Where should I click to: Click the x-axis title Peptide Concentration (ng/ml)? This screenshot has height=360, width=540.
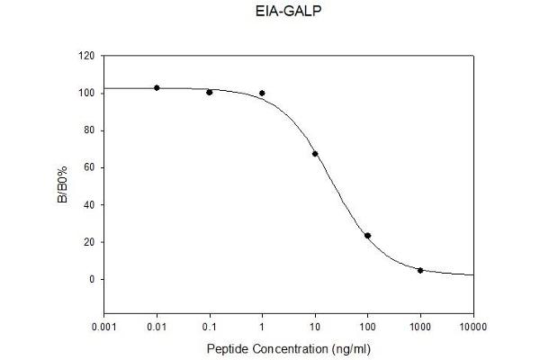pos(288,347)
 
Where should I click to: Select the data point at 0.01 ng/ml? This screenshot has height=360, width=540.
pos(157,87)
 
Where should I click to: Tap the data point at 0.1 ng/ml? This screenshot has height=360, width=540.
pos(210,92)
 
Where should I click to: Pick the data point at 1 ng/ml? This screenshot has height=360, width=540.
pos(262,93)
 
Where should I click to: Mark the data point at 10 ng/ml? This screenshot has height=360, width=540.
pos(315,154)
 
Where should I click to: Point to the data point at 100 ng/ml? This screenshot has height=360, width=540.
pos(367,236)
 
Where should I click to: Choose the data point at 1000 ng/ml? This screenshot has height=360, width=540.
pos(420,270)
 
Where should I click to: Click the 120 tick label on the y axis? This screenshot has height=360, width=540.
pos(86,56)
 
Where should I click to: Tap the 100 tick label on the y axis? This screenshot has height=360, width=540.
pos(86,93)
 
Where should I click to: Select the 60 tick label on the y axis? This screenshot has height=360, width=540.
pos(89,167)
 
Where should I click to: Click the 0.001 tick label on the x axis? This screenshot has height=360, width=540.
pos(104,326)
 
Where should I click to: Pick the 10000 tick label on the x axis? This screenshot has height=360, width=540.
pos(472,326)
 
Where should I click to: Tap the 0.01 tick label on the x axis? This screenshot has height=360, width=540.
pos(157,326)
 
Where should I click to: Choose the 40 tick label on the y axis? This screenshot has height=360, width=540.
pos(89,204)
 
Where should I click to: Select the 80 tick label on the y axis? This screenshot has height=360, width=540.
pos(89,130)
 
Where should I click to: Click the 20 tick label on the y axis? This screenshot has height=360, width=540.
pos(89,242)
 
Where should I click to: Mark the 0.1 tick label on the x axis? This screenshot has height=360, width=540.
pos(210,326)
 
